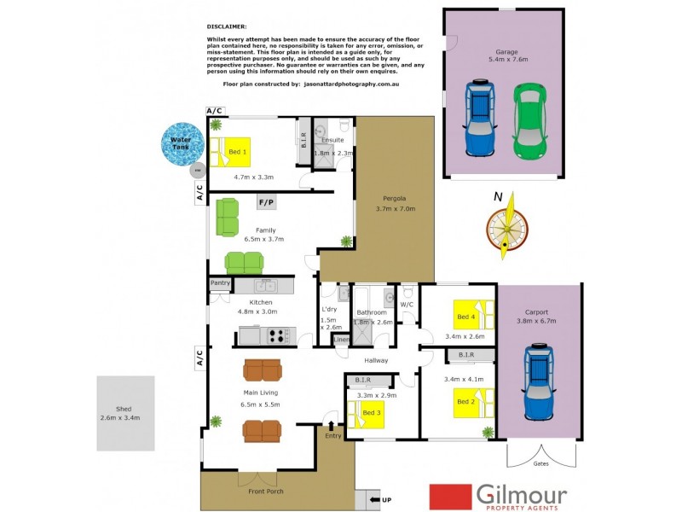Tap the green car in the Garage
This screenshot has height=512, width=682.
point(530,120)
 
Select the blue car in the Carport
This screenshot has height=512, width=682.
point(539,381)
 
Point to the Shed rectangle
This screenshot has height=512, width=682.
point(125,413)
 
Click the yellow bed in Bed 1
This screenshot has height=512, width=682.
point(231,151)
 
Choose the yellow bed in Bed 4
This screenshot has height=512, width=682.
point(472,316)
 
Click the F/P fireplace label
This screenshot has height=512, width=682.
point(266,202)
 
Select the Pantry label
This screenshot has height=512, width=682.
point(221,282)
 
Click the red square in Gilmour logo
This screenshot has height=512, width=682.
point(451,496)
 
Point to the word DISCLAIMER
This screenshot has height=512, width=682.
point(226,26)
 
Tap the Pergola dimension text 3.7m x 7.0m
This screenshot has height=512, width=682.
point(394,208)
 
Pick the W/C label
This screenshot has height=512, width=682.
point(406,303)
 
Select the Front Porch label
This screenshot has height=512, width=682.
point(266,492)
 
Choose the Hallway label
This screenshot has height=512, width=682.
point(376,360)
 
